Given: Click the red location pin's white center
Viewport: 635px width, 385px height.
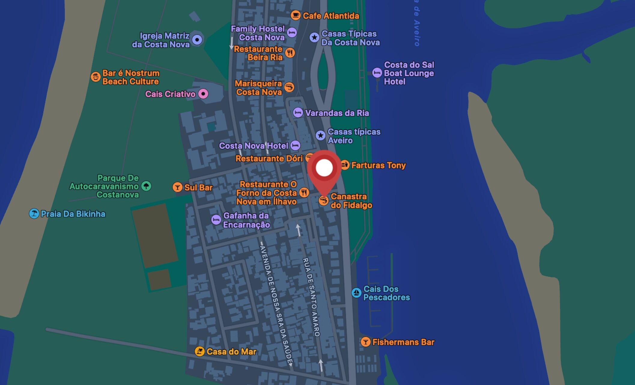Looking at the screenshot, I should [324, 168].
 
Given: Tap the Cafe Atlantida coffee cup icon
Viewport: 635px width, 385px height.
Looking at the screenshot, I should [295, 15].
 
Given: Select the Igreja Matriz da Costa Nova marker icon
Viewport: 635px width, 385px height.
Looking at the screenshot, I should [197, 39].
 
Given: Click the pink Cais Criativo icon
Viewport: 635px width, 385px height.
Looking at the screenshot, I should [203, 94].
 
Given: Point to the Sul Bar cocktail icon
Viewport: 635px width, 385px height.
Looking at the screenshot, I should [178, 187].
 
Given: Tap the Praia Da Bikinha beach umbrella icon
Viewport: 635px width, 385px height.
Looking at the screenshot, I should [34, 214].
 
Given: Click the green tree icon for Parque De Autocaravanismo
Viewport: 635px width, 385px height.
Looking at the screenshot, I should [146, 186].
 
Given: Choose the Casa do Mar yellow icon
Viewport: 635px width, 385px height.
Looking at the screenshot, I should [199, 351].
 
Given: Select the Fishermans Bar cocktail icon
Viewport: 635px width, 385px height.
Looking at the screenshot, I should [365, 342].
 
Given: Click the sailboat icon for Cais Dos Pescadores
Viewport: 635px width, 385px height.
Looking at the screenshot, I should [356, 292].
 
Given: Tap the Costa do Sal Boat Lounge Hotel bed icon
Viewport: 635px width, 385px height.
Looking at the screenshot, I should [377, 72].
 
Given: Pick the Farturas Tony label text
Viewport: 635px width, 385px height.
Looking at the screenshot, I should [378, 165].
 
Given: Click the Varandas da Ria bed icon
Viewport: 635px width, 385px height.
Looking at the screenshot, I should [298, 113].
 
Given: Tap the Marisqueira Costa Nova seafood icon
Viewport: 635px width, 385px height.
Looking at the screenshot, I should [289, 87].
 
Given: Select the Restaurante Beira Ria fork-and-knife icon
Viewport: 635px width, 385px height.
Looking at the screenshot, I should [290, 53].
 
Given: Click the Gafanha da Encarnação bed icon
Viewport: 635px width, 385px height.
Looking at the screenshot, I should [216, 220].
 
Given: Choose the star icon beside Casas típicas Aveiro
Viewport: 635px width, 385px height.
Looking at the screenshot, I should [321, 135].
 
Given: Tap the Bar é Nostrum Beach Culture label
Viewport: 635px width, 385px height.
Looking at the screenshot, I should [131, 77].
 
